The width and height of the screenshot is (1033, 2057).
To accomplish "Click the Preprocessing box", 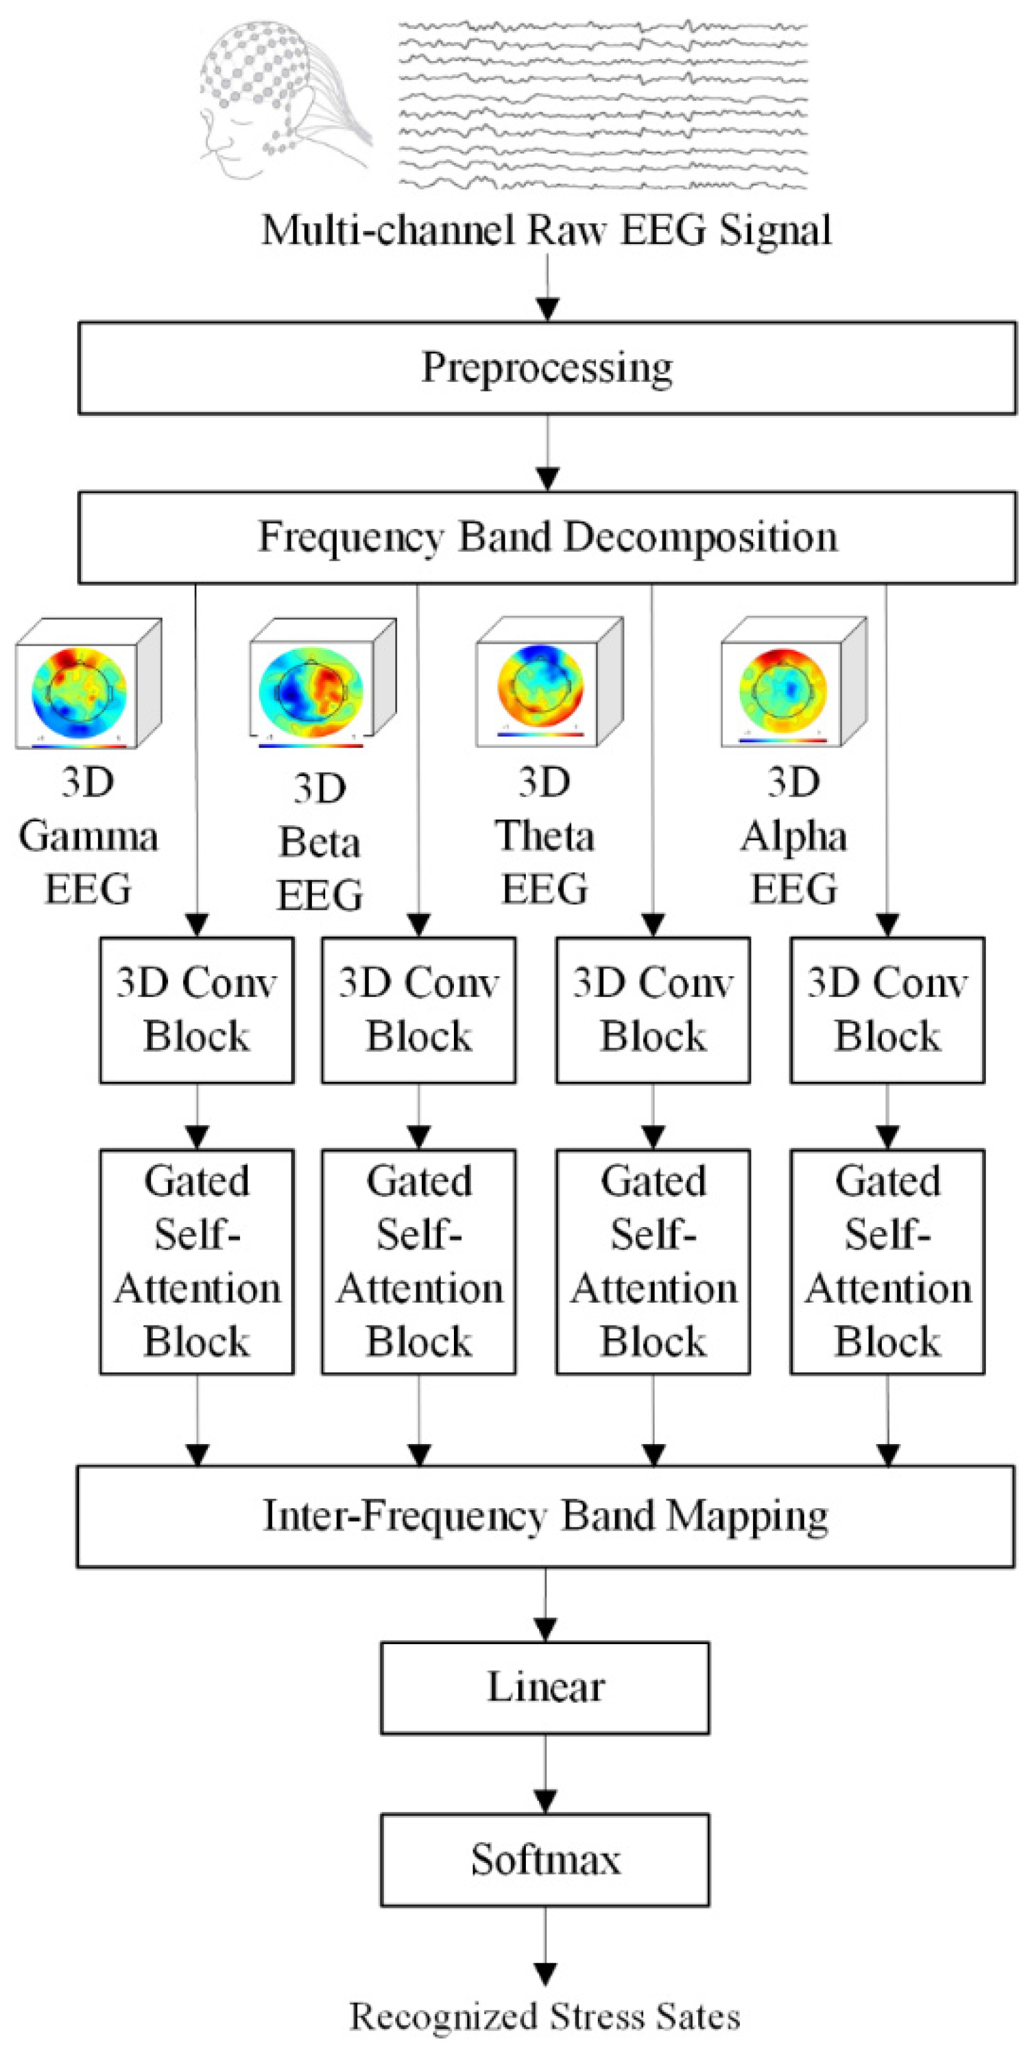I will click(x=547, y=368).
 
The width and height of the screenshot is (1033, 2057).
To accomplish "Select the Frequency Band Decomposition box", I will click(x=547, y=537).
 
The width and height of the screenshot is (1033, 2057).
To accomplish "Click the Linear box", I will click(x=545, y=1687).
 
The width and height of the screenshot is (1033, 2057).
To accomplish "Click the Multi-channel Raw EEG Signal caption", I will click(x=547, y=230).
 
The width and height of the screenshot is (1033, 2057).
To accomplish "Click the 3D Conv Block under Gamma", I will click(x=196, y=1009).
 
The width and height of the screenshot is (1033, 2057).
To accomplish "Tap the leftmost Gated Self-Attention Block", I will click(x=196, y=1261).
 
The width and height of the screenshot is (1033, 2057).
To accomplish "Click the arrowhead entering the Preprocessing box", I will click(x=547, y=310).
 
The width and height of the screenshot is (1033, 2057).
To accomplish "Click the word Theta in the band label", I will click(x=545, y=837).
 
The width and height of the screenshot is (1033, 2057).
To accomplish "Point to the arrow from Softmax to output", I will click(x=545, y=1948).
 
